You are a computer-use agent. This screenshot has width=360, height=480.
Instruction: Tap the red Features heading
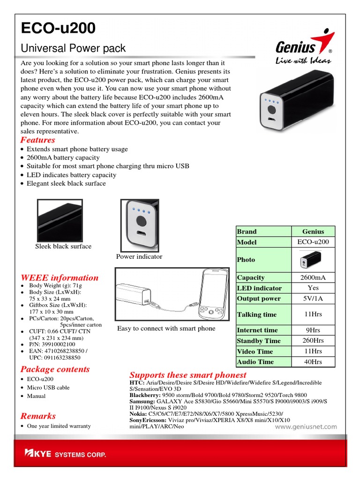[37, 140]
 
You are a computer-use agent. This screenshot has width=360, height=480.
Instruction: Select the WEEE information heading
[60, 277]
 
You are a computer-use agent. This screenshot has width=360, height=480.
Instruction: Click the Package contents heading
[55, 369]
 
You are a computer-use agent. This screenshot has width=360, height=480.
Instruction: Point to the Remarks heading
[38, 416]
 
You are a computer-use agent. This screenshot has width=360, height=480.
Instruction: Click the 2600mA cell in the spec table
[313, 277]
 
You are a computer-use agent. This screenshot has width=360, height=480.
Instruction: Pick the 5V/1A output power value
[313, 299]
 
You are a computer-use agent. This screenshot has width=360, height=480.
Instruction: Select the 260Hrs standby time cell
[313, 341]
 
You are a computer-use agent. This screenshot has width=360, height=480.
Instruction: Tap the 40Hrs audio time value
[313, 362]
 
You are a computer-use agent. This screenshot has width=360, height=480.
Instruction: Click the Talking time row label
[256, 315]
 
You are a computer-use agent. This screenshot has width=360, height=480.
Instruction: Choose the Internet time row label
[257, 330]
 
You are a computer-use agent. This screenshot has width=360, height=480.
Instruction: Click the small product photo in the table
[313, 260]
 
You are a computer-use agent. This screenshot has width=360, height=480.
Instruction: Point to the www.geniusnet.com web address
[305, 427]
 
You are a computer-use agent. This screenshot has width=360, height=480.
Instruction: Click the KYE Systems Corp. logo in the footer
[65, 454]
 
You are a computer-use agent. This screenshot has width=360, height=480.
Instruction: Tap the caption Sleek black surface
[63, 246]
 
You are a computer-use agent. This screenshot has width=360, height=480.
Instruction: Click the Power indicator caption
[139, 256]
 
